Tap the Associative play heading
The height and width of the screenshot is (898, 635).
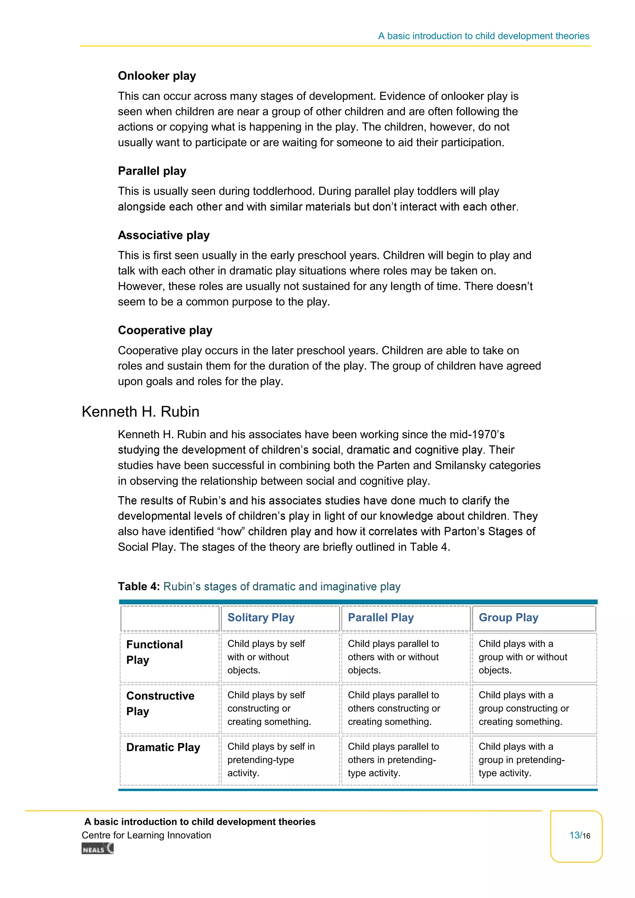coord(163,235)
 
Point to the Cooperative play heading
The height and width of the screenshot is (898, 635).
coord(165,330)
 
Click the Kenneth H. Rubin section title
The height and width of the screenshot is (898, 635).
coord(140,411)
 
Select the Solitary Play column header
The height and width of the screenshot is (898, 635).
coord(261,618)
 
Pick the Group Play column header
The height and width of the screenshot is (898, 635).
coord(508,618)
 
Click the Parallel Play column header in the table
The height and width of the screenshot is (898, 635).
coord(380,618)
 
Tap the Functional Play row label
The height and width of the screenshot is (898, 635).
coord(154,652)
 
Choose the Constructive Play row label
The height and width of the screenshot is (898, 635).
coord(160,703)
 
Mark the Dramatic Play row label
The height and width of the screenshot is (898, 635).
coord(163,747)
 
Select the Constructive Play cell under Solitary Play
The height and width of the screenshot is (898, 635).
coord(269,708)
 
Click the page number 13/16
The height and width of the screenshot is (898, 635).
coord(579,835)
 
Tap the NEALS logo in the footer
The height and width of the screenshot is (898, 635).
coord(97,848)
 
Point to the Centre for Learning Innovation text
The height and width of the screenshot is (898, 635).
coord(146,835)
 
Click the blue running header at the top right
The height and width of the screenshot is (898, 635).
coord(483,36)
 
